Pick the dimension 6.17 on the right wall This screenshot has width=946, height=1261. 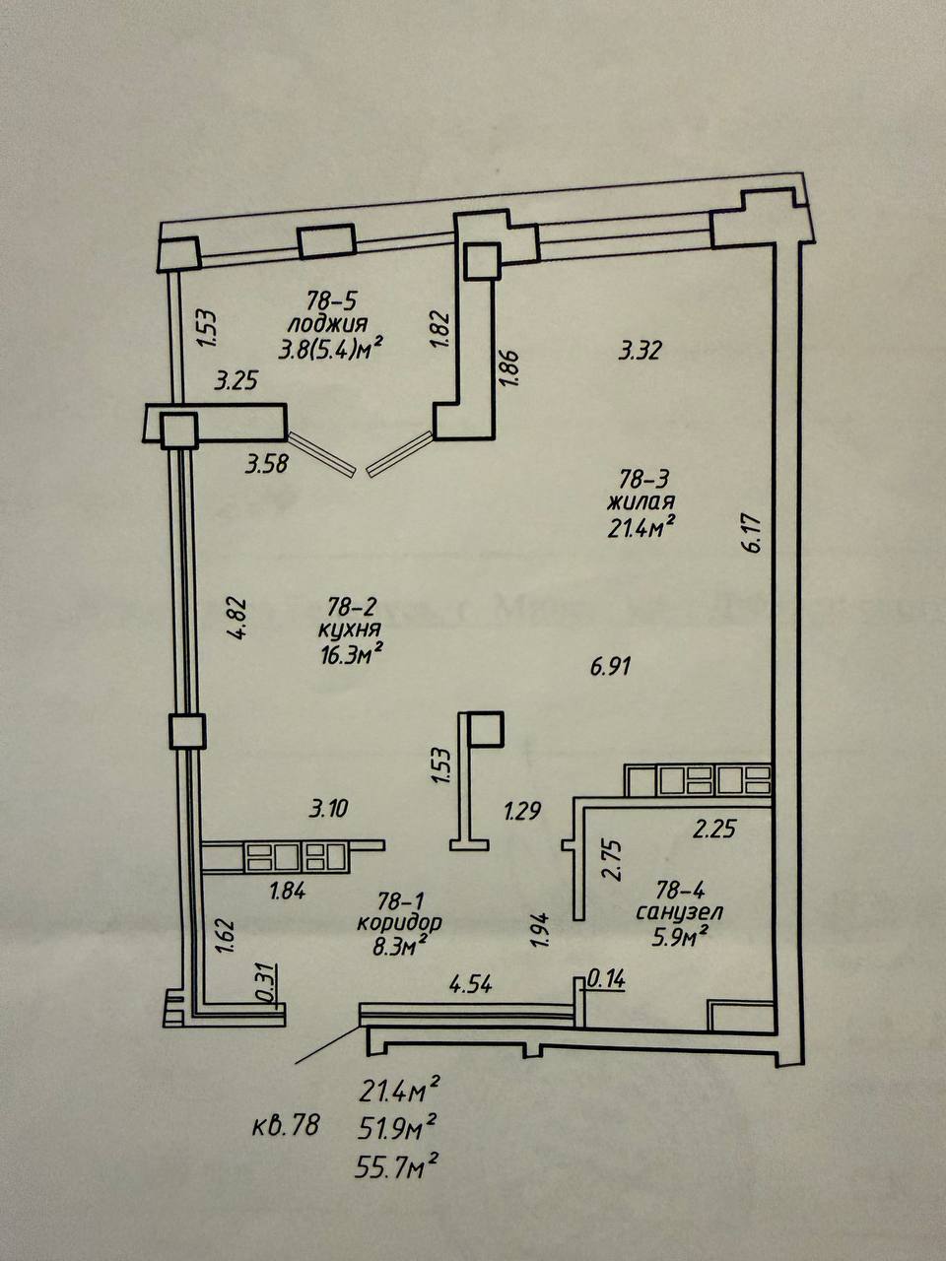click(755, 532)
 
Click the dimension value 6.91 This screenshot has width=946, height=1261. click(610, 666)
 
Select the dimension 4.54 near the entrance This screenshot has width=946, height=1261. click(470, 983)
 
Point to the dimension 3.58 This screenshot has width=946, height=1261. click(267, 462)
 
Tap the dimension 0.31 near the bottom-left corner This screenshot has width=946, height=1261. click(263, 983)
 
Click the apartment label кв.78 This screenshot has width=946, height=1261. click(285, 1125)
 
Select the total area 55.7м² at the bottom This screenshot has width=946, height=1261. click(398, 1167)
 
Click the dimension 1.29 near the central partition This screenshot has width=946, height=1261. click(522, 812)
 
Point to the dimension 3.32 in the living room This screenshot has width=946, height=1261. click(639, 349)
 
